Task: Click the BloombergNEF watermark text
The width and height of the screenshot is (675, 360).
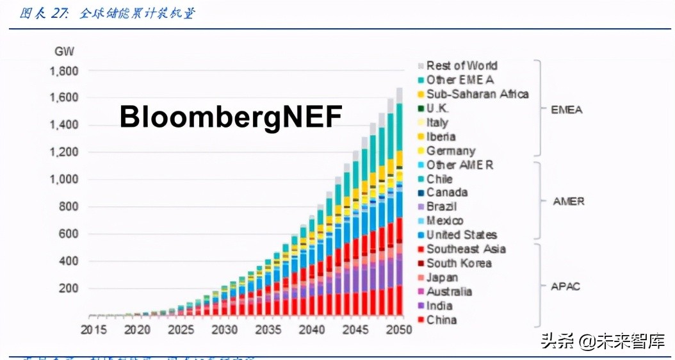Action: pyautogui.click(x=231, y=117)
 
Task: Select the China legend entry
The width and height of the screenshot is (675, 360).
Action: pyautogui.click(x=441, y=320)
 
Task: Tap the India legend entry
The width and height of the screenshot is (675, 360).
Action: pyautogui.click(x=439, y=306)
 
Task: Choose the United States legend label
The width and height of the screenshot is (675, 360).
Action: pyautogui.click(x=461, y=234)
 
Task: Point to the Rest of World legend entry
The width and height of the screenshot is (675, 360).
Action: pyautogui.click(x=461, y=65)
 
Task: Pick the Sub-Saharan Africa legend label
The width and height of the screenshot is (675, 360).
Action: pyautogui.click(x=477, y=94)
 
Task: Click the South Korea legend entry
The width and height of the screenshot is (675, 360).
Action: pyautogui.click(x=459, y=263)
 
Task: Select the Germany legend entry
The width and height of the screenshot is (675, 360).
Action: pyautogui.click(x=451, y=151)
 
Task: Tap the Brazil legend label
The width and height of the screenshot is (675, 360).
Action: pyautogui.click(x=441, y=206)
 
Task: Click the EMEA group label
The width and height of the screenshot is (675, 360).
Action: pyautogui.click(x=567, y=110)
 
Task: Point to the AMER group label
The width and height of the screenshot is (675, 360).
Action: pyautogui.click(x=568, y=201)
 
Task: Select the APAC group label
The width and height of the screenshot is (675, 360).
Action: pyautogui.click(x=566, y=286)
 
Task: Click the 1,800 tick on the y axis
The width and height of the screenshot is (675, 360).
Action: pyautogui.click(x=63, y=70)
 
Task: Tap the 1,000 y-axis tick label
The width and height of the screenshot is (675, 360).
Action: pyautogui.click(x=63, y=179)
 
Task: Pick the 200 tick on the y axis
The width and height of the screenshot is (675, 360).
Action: pyautogui.click(x=68, y=288)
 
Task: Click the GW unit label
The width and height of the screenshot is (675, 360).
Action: pyautogui.click(x=64, y=51)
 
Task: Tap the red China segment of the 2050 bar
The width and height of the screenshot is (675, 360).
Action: pyautogui.click(x=398, y=300)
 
